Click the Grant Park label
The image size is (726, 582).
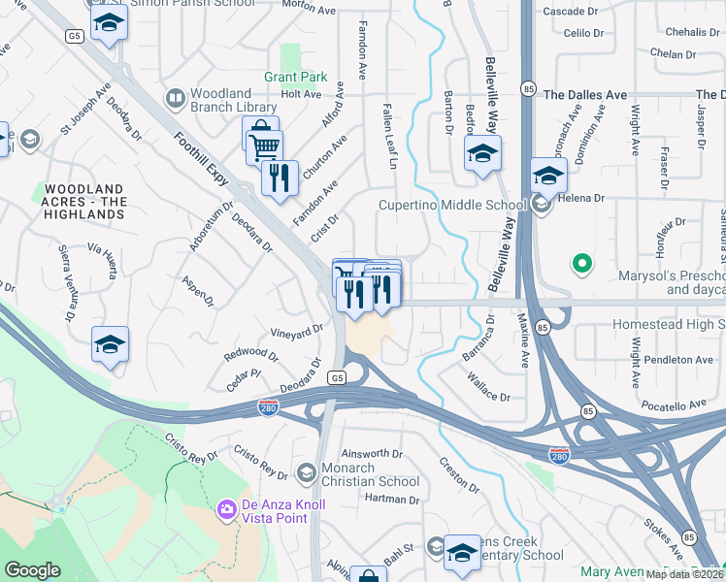296,77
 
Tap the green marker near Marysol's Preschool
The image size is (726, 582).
581,262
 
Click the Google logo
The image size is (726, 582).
32,570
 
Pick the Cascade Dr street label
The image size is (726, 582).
570,12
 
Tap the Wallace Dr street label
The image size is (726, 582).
490,394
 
